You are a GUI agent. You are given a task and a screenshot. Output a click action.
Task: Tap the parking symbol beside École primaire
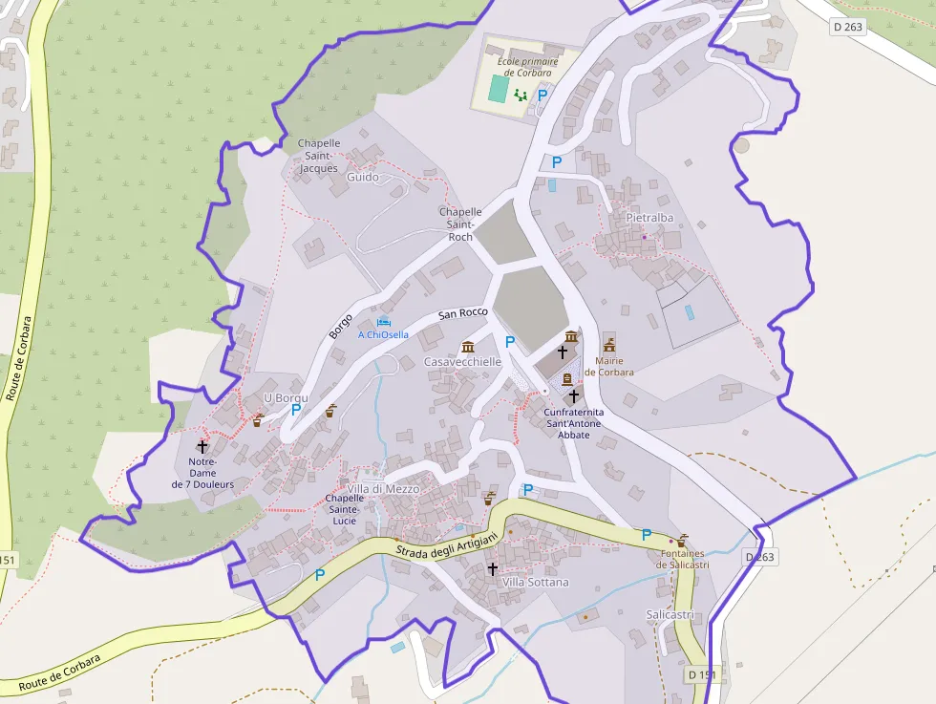[542, 95]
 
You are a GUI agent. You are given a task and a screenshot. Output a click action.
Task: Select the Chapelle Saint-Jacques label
[319, 156]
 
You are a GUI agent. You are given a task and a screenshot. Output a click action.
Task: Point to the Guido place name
[362, 177]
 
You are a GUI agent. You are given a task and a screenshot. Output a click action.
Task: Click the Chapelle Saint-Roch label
[459, 224]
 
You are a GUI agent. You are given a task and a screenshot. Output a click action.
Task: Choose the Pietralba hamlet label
[649, 218]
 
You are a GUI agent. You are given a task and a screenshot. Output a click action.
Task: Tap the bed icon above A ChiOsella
[384, 322]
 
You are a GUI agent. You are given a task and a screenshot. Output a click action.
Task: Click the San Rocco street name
[462, 313]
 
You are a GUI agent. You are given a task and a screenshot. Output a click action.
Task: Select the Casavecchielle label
[462, 362]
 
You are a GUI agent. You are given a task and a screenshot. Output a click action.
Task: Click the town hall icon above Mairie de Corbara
[608, 342]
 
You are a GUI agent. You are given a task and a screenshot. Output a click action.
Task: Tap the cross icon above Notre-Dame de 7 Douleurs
[202, 446]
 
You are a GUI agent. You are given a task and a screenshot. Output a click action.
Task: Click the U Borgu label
[282, 397]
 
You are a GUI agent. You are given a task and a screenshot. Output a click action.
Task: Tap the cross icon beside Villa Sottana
[493, 569]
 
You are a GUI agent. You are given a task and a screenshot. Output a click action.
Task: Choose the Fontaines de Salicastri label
[683, 559]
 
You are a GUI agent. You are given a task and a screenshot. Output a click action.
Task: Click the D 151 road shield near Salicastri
[702, 674]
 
